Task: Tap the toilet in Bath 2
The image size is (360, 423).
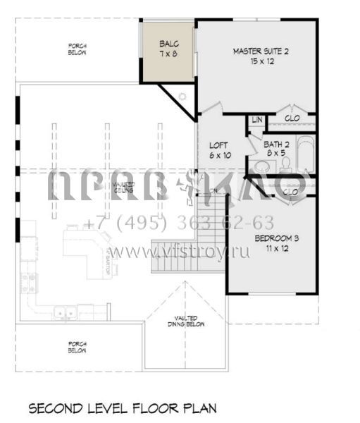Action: (287, 164)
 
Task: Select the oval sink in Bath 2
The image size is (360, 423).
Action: (262, 166)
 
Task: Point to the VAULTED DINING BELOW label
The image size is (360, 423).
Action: (187, 321)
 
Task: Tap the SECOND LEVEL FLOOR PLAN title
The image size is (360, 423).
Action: (122, 407)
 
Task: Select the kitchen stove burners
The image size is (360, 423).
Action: (30, 283)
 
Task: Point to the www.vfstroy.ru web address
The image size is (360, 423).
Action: (179, 252)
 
